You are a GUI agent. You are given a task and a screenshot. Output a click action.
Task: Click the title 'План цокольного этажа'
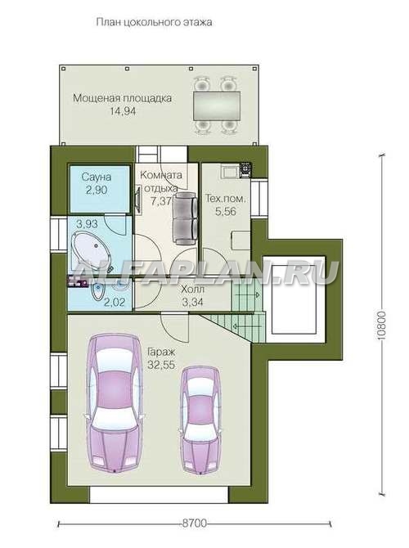pyautogui.click(x=154, y=23)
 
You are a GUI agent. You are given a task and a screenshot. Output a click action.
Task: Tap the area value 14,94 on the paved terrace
pyautogui.click(x=123, y=111)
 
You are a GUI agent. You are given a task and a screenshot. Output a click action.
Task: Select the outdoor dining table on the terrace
pyautogui.click(x=217, y=106)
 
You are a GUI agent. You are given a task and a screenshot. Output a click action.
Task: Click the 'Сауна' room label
pyautogui.click(x=97, y=177)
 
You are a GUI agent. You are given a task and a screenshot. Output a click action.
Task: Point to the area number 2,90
pyautogui.click(x=97, y=191)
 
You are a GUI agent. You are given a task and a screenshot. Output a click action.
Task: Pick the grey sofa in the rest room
pyautogui.click(x=185, y=218)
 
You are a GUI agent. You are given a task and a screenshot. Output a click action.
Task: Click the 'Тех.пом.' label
pyautogui.click(x=226, y=199)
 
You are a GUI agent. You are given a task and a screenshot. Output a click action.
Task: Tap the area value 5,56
pyautogui.click(x=226, y=212)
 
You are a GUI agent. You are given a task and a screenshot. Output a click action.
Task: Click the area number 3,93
pyautogui.click(x=88, y=223)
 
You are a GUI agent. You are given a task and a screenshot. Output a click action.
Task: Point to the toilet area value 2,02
pyautogui.click(x=115, y=302)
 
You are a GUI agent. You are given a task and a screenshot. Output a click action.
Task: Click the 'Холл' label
pyautogui.click(x=192, y=290)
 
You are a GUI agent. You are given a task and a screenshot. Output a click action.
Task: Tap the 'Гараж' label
pyautogui.click(x=161, y=352)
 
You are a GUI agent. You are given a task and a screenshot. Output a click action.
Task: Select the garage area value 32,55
pyautogui.click(x=161, y=365)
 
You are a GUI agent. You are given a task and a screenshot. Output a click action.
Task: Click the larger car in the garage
pyautogui.click(x=115, y=403)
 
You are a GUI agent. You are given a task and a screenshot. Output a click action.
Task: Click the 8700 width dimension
pyautogui.click(x=195, y=523)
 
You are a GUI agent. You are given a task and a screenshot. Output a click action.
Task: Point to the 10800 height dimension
pyautogui.click(x=382, y=326)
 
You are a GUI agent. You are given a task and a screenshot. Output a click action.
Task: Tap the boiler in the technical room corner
pyautogui.click(x=245, y=170)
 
